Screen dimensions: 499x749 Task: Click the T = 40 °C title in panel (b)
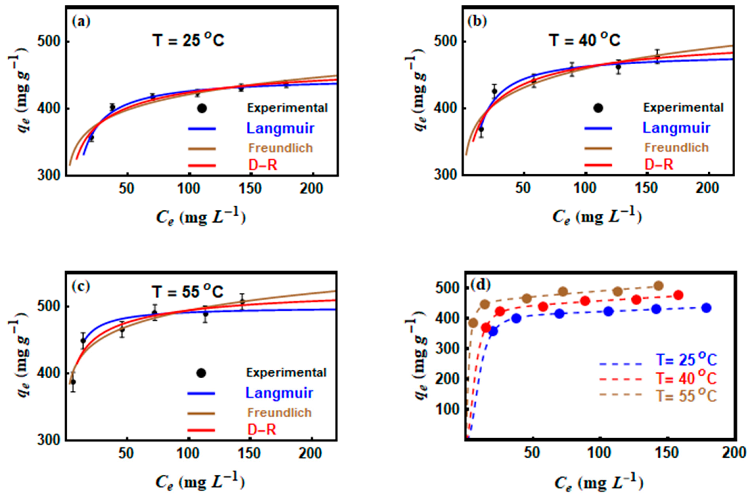pos(585,40)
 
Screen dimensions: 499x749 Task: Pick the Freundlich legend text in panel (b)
pos(676,148)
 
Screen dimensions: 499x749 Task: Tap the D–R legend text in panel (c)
pos(262,430)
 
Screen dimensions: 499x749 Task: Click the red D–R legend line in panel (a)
pos(202,165)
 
